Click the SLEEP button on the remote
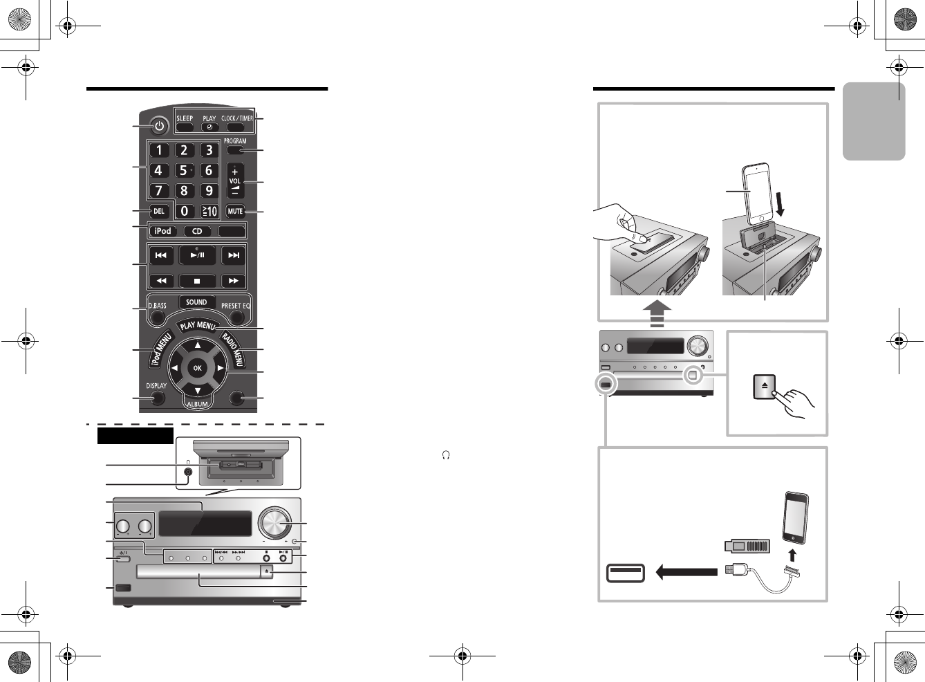[185, 127]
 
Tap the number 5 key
[184, 170]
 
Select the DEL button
[159, 211]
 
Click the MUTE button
[235, 211]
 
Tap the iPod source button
[163, 231]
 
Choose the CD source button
[197, 231]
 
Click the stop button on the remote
[197, 281]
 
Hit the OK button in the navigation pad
[197, 368]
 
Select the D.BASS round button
[158, 317]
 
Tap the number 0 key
[184, 211]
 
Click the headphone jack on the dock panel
[188, 472]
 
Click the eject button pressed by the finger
[764, 387]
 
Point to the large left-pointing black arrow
[686, 572]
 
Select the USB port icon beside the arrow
[626, 573]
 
